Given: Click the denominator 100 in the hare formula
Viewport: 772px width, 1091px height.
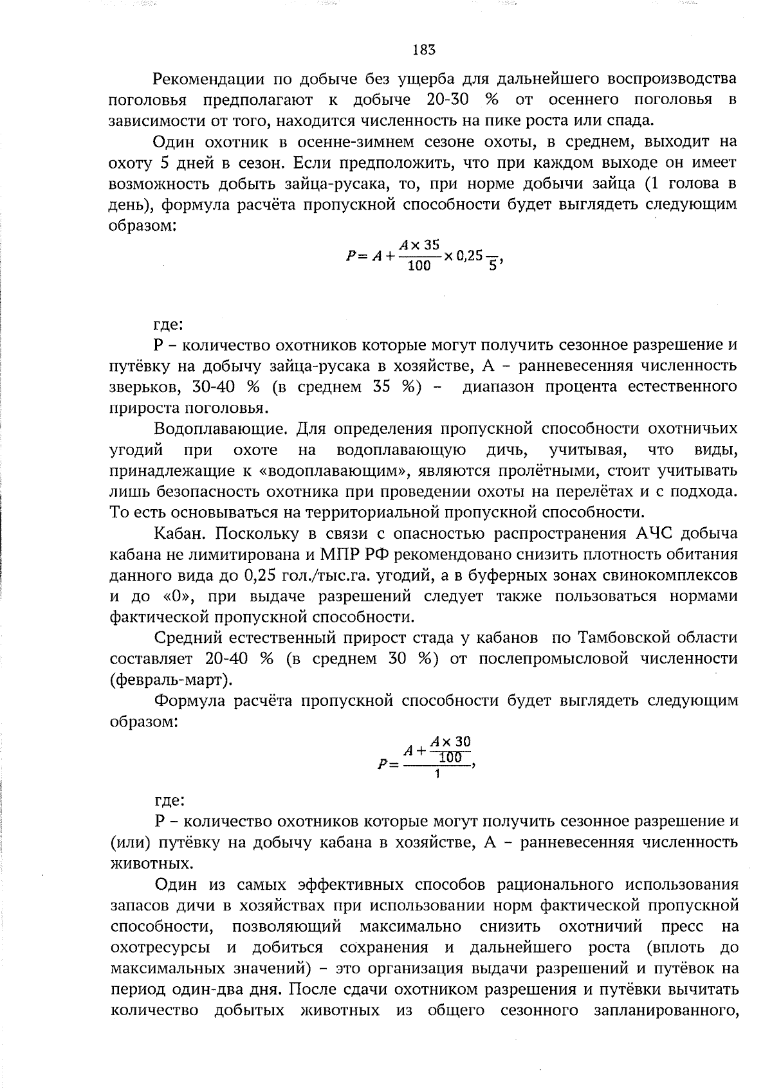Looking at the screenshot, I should point(419,265).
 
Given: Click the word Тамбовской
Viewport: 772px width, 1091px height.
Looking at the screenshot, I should point(623,638).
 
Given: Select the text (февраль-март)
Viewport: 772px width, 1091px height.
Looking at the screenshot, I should point(171,680).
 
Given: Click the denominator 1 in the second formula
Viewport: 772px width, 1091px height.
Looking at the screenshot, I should point(437,774).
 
